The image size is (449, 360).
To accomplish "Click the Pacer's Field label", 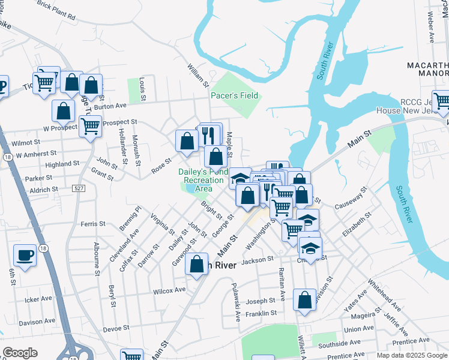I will tap(234, 95).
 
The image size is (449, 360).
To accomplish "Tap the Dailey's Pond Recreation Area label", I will tap(203, 180).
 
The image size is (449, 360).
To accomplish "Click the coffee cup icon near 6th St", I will tap(25, 256).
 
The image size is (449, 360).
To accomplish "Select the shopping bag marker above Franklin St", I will tap(304, 299).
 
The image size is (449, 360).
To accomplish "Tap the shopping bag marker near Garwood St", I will tap(196, 264).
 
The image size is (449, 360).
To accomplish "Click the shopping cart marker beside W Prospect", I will tap(90, 127).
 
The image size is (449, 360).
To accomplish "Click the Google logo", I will tap(20, 353).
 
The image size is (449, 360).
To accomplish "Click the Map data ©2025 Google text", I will tap(412, 355).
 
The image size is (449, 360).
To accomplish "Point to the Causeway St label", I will tap(351, 199).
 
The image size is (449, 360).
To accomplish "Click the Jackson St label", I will tap(258, 260).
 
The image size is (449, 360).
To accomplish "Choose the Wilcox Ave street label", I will tap(169, 290).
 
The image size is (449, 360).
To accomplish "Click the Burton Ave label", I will tap(110, 106).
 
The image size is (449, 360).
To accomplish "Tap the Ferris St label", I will tap(92, 224).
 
